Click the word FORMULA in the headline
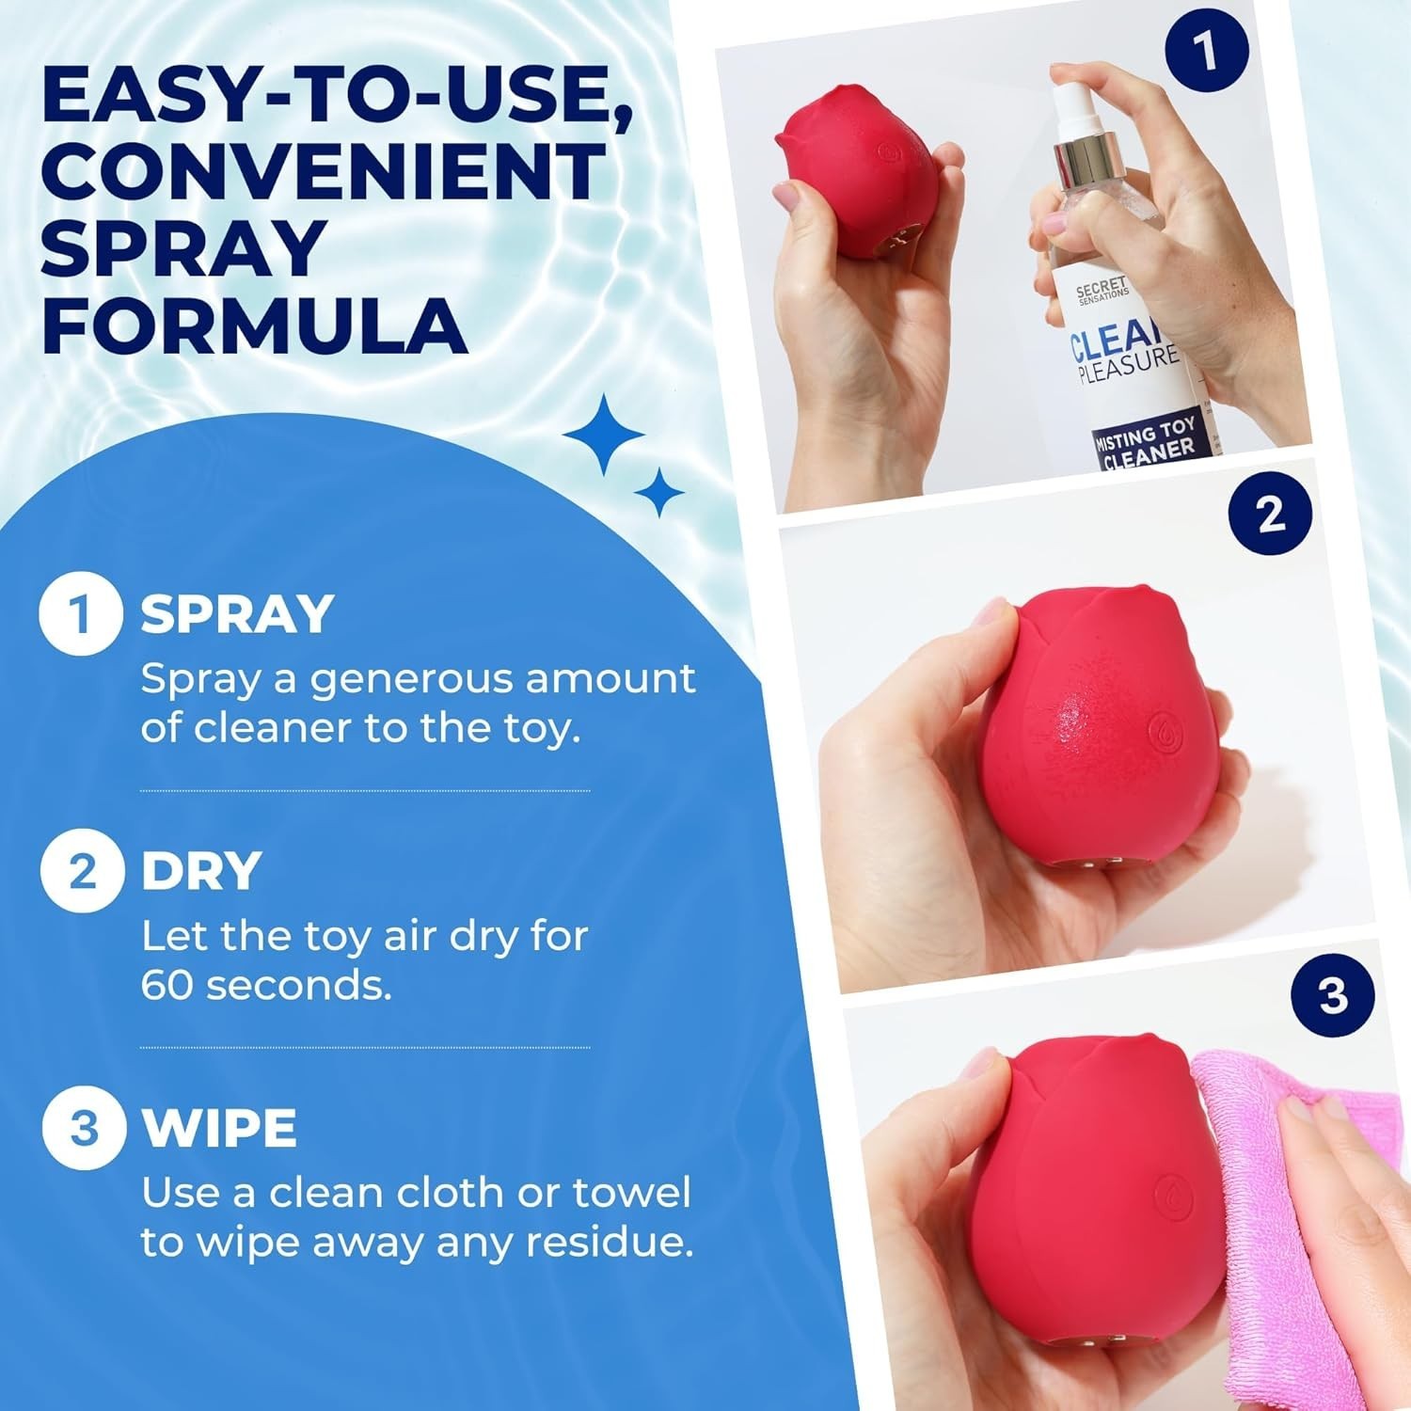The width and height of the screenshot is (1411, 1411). (x=254, y=326)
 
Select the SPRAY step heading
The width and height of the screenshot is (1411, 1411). (x=237, y=614)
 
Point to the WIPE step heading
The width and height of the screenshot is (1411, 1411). (x=219, y=1128)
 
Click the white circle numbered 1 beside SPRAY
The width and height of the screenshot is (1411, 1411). (x=81, y=614)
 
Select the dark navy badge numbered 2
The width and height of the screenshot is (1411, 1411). (x=1271, y=513)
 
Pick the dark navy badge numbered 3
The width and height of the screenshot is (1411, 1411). (x=1333, y=995)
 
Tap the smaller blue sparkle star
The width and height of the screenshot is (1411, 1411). (x=658, y=491)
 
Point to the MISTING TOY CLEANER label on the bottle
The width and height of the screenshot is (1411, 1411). (x=1145, y=444)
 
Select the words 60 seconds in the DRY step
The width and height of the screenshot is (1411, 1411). (x=266, y=986)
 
